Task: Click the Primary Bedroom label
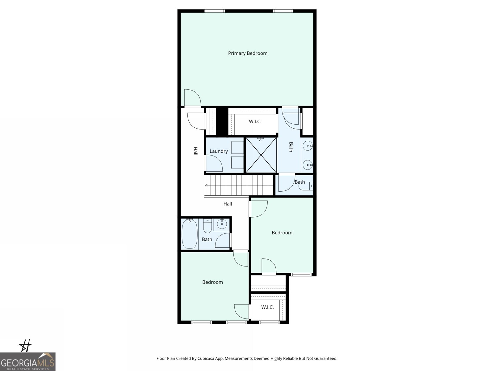point(248,53)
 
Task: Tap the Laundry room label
point(219,151)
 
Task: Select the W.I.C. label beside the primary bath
point(255,122)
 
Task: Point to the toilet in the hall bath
point(207,227)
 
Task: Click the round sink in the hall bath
point(221,223)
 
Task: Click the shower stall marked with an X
point(261,155)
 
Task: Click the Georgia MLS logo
point(27,361)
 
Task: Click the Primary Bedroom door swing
point(192,97)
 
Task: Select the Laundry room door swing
point(214,163)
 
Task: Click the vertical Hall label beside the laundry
point(195,151)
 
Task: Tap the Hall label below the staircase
point(228,204)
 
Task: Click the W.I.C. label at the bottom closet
point(267,307)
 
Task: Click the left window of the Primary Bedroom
point(215,11)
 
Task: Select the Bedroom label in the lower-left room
point(212,282)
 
